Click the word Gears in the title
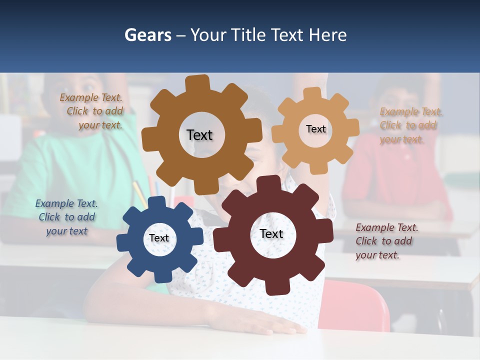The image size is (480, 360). click(x=147, y=35)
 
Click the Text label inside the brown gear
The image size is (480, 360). click(x=199, y=135)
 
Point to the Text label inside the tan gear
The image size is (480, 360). click(x=315, y=129)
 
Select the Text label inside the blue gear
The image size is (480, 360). click(x=159, y=238)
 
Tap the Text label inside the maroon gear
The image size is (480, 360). click(x=271, y=234)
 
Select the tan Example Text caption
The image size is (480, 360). click(x=410, y=125)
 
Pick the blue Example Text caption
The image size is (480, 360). click(x=66, y=217)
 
